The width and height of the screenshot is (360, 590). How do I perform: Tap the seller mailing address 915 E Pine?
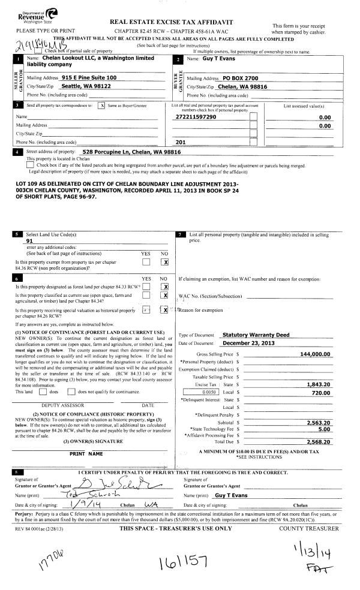(89, 78)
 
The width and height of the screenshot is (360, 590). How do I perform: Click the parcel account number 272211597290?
(194, 118)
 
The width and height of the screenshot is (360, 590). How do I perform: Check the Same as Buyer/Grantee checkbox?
(102, 106)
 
